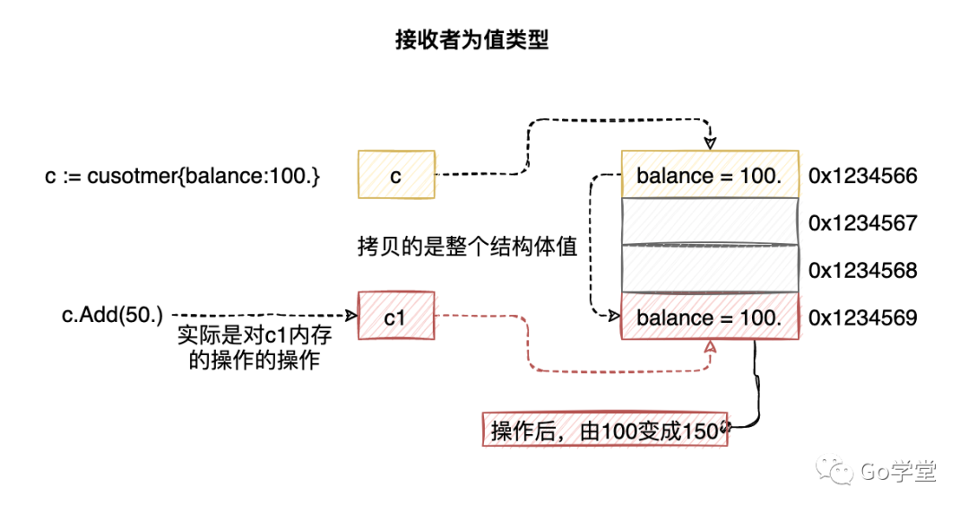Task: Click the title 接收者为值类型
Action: (472, 40)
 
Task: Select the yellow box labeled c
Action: (396, 175)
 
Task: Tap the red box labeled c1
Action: (396, 316)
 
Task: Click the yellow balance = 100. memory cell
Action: (710, 175)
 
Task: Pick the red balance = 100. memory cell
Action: (710, 317)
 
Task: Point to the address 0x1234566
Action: (863, 176)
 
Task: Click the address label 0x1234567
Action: (863, 222)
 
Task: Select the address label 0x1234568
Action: (863, 270)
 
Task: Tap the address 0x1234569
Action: (863, 317)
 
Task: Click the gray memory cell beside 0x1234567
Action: (710, 222)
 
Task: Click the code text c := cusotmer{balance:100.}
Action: (182, 176)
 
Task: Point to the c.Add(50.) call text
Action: (112, 315)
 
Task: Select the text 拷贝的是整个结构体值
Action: (467, 247)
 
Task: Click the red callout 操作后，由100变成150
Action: (605, 430)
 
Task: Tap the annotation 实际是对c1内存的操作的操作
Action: (255, 347)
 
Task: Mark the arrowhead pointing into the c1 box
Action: (352, 316)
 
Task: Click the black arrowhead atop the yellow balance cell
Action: (710, 143)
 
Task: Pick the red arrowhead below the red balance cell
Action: (710, 346)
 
